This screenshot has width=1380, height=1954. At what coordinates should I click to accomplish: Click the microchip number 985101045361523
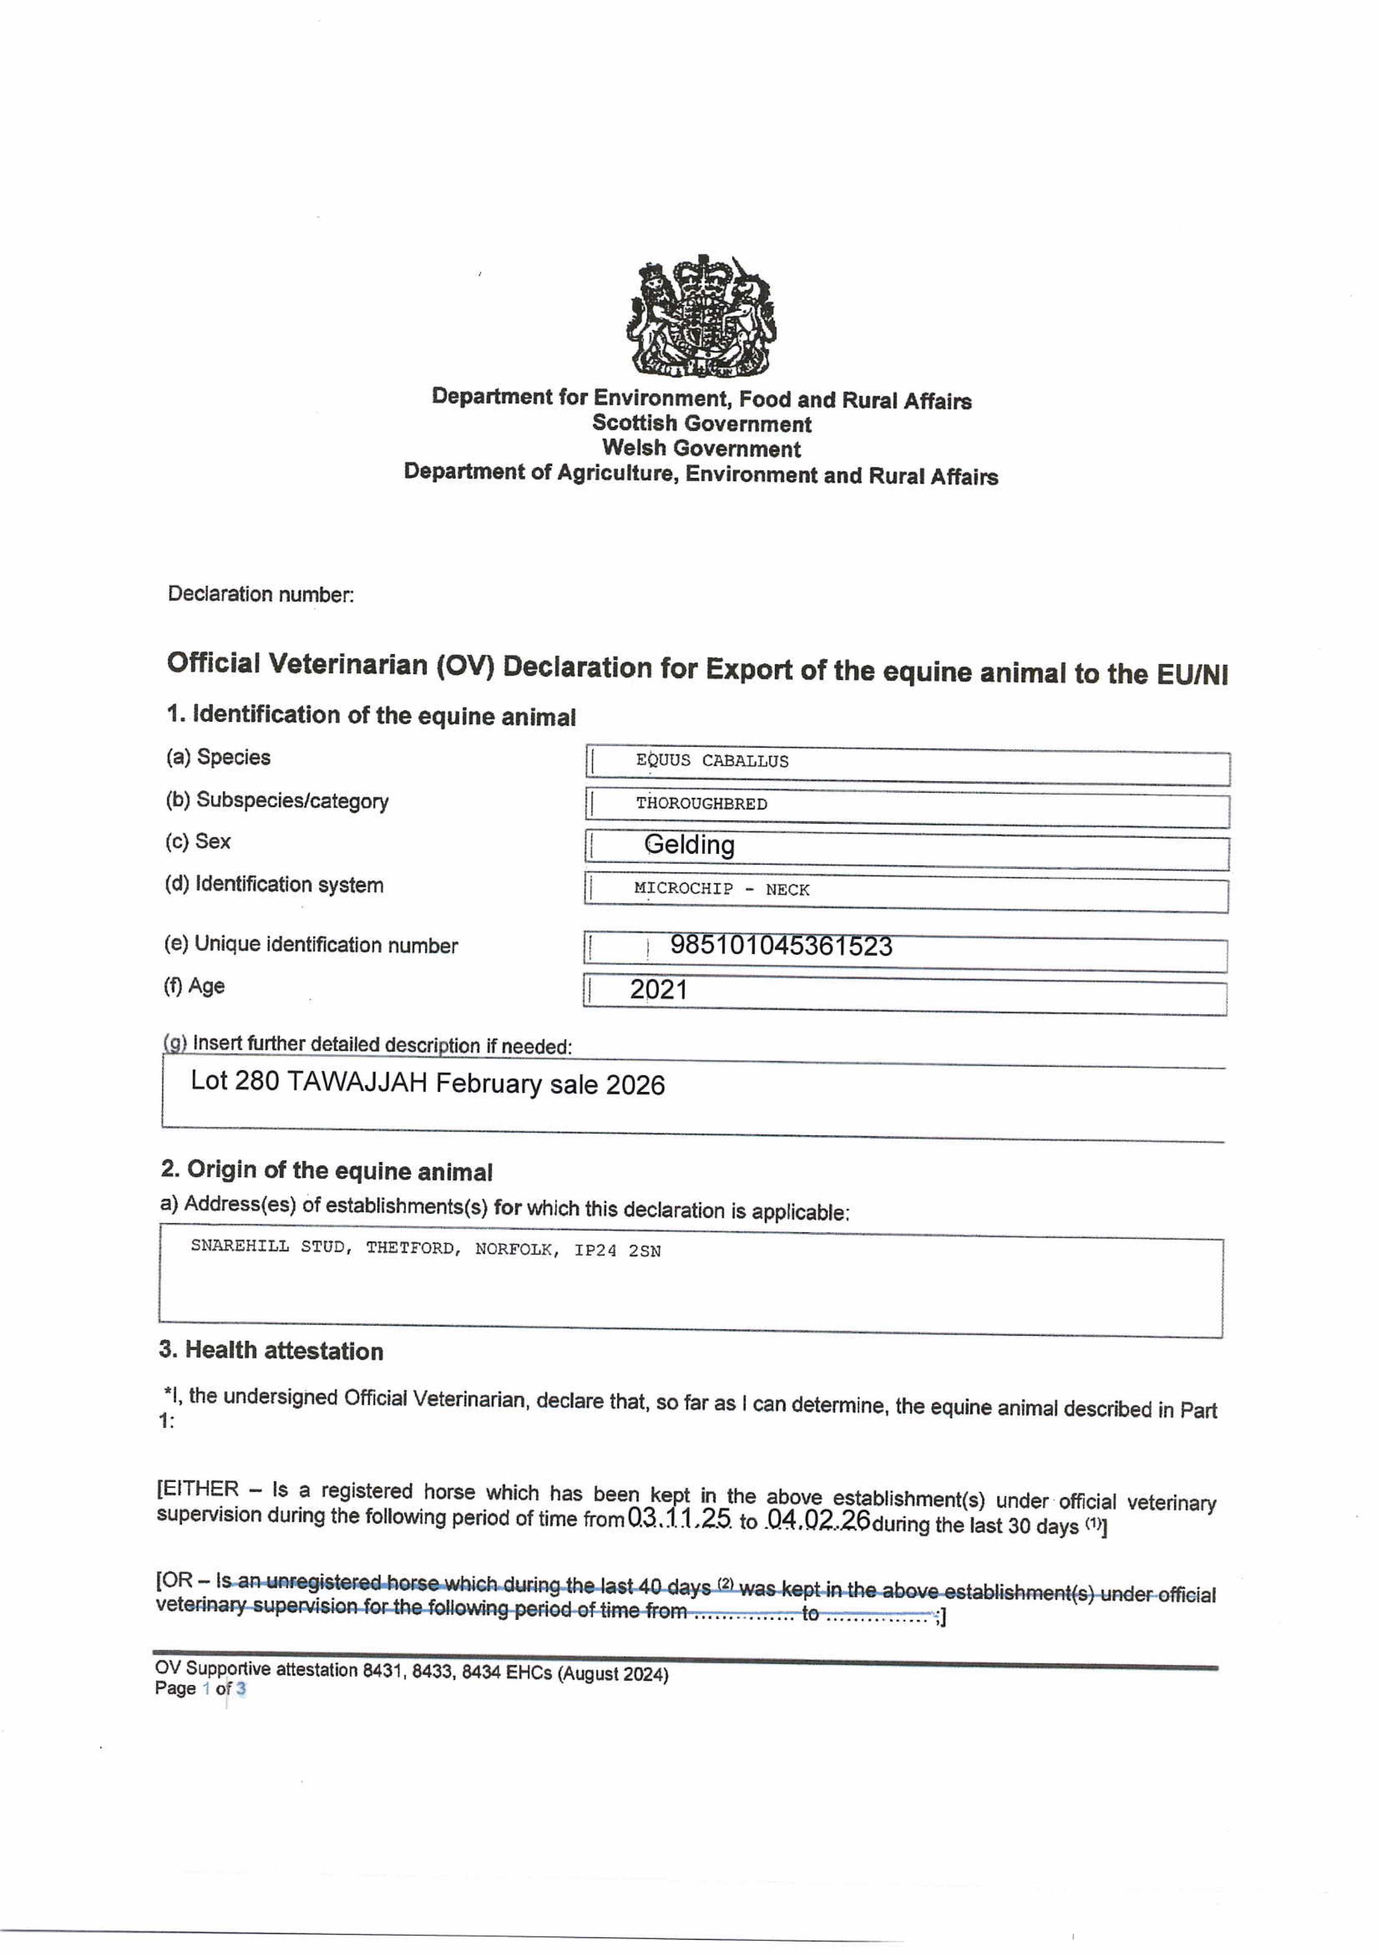point(781,945)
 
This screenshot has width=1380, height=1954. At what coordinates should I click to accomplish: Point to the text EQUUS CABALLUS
point(712,761)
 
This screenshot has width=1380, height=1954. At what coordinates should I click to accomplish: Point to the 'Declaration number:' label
point(261,594)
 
